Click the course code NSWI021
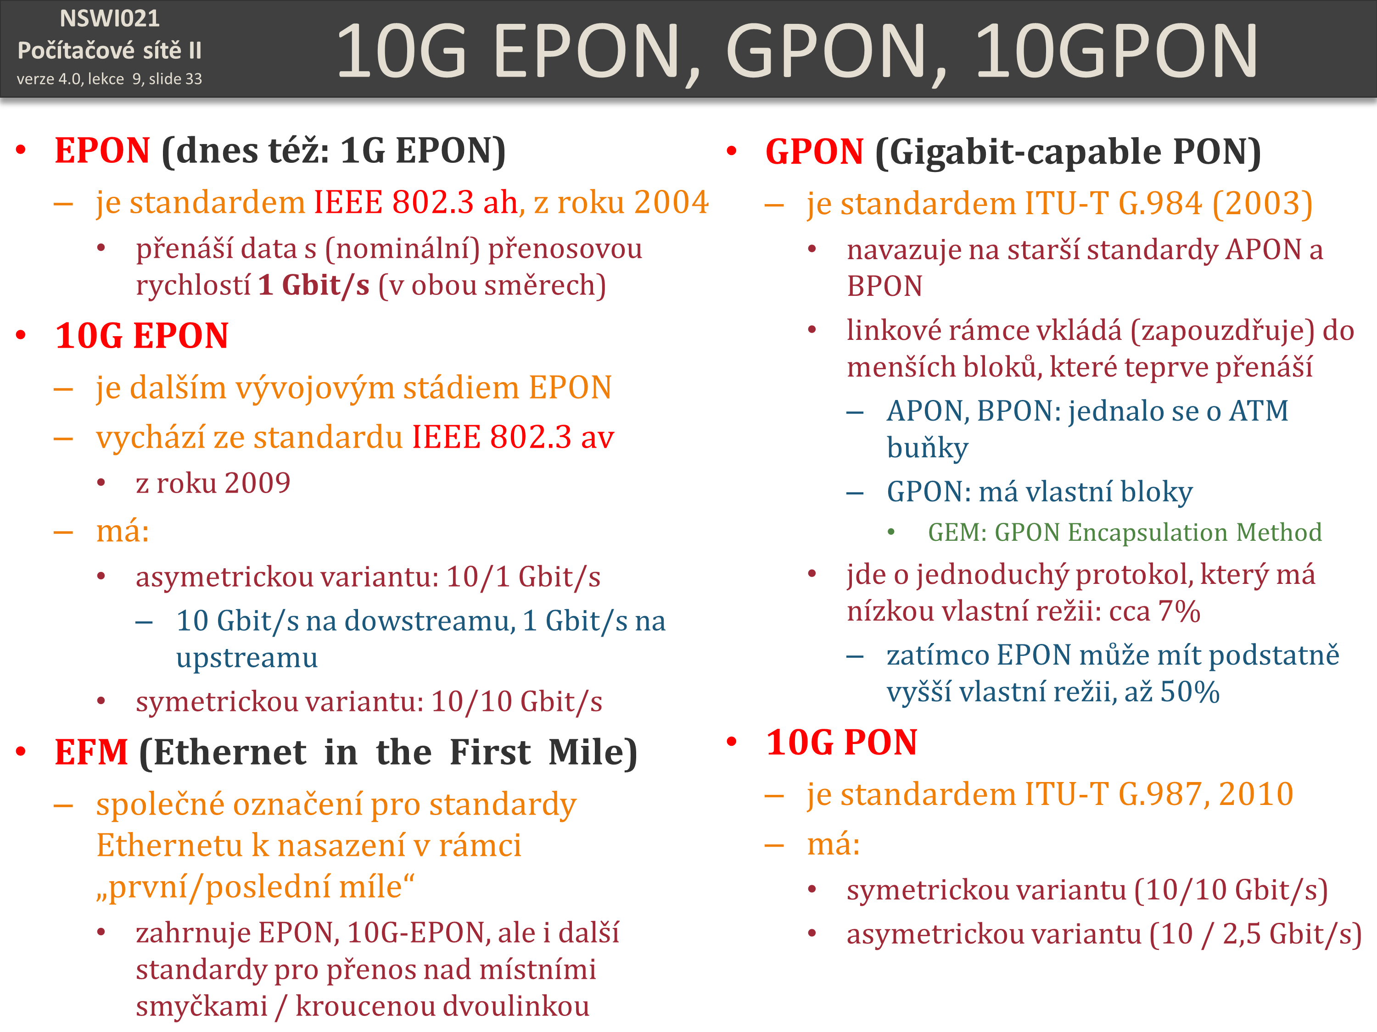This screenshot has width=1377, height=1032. (110, 19)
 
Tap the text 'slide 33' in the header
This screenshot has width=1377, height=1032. (175, 79)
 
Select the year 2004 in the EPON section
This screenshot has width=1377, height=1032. (672, 202)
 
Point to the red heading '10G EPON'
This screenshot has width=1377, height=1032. (142, 336)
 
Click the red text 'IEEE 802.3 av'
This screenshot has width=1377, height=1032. (513, 437)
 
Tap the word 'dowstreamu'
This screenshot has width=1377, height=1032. (430, 621)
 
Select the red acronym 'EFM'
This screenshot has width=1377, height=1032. (91, 752)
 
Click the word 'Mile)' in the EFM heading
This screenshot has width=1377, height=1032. (593, 753)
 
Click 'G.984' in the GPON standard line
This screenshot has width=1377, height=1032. (1160, 203)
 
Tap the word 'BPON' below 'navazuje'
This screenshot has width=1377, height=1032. (884, 286)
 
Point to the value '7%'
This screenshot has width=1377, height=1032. (1179, 611)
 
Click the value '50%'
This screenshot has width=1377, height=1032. (1190, 692)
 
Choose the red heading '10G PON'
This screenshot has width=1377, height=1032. (842, 743)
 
